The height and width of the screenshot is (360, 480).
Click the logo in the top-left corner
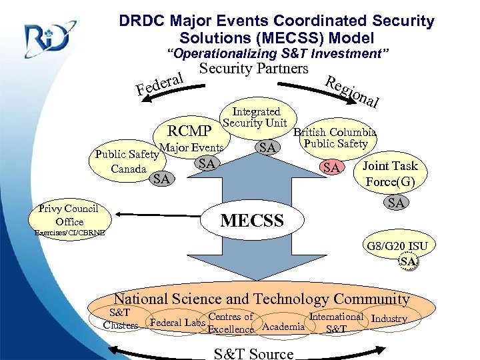tap(47, 39)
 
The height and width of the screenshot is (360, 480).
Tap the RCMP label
tap(190, 130)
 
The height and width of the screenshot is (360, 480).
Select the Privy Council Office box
tap(69, 215)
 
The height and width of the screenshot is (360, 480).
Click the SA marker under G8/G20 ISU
tap(409, 263)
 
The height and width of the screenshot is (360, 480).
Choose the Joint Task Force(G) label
tap(391, 173)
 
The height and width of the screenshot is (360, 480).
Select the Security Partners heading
tap(254, 69)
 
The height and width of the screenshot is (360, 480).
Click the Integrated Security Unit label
tap(255, 117)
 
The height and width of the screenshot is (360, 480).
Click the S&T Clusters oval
tap(120, 319)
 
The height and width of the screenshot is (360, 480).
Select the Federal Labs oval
tap(176, 323)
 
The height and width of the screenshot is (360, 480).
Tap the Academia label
tap(284, 326)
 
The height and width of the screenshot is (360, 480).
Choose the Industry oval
tap(389, 319)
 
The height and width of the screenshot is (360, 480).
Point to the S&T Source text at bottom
tap(253, 353)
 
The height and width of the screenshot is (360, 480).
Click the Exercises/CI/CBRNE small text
tap(67, 234)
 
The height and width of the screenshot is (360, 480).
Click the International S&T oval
tap(336, 323)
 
